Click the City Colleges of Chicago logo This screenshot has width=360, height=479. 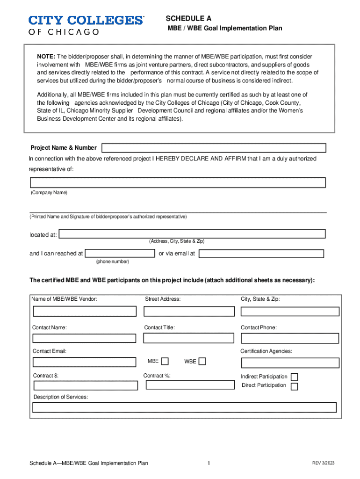coord(86,25)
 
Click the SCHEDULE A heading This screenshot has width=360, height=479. coord(188,19)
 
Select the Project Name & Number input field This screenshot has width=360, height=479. coord(214,148)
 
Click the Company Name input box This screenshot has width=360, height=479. coord(178,182)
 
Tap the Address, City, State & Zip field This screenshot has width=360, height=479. coord(192,233)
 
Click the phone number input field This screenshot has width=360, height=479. coord(121,254)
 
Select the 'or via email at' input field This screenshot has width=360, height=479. coord(261,254)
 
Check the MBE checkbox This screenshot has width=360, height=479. coord(165,361)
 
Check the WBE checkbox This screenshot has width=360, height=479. coord(202,361)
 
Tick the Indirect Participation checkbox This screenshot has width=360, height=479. coord(295,377)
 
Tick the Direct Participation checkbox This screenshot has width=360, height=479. coord(295,386)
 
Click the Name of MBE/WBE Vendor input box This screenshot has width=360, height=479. coord(85,312)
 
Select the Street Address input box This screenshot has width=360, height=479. coord(189,312)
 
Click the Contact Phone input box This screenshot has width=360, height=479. coord(289,338)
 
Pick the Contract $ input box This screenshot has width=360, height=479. coord(86,385)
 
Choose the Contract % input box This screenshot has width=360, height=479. coord(190,385)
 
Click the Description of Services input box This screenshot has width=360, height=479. coord(184,407)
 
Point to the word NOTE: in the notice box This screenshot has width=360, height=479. coord(46,57)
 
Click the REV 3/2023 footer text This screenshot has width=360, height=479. coord(324,463)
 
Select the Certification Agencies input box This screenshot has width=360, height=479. coord(290,363)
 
